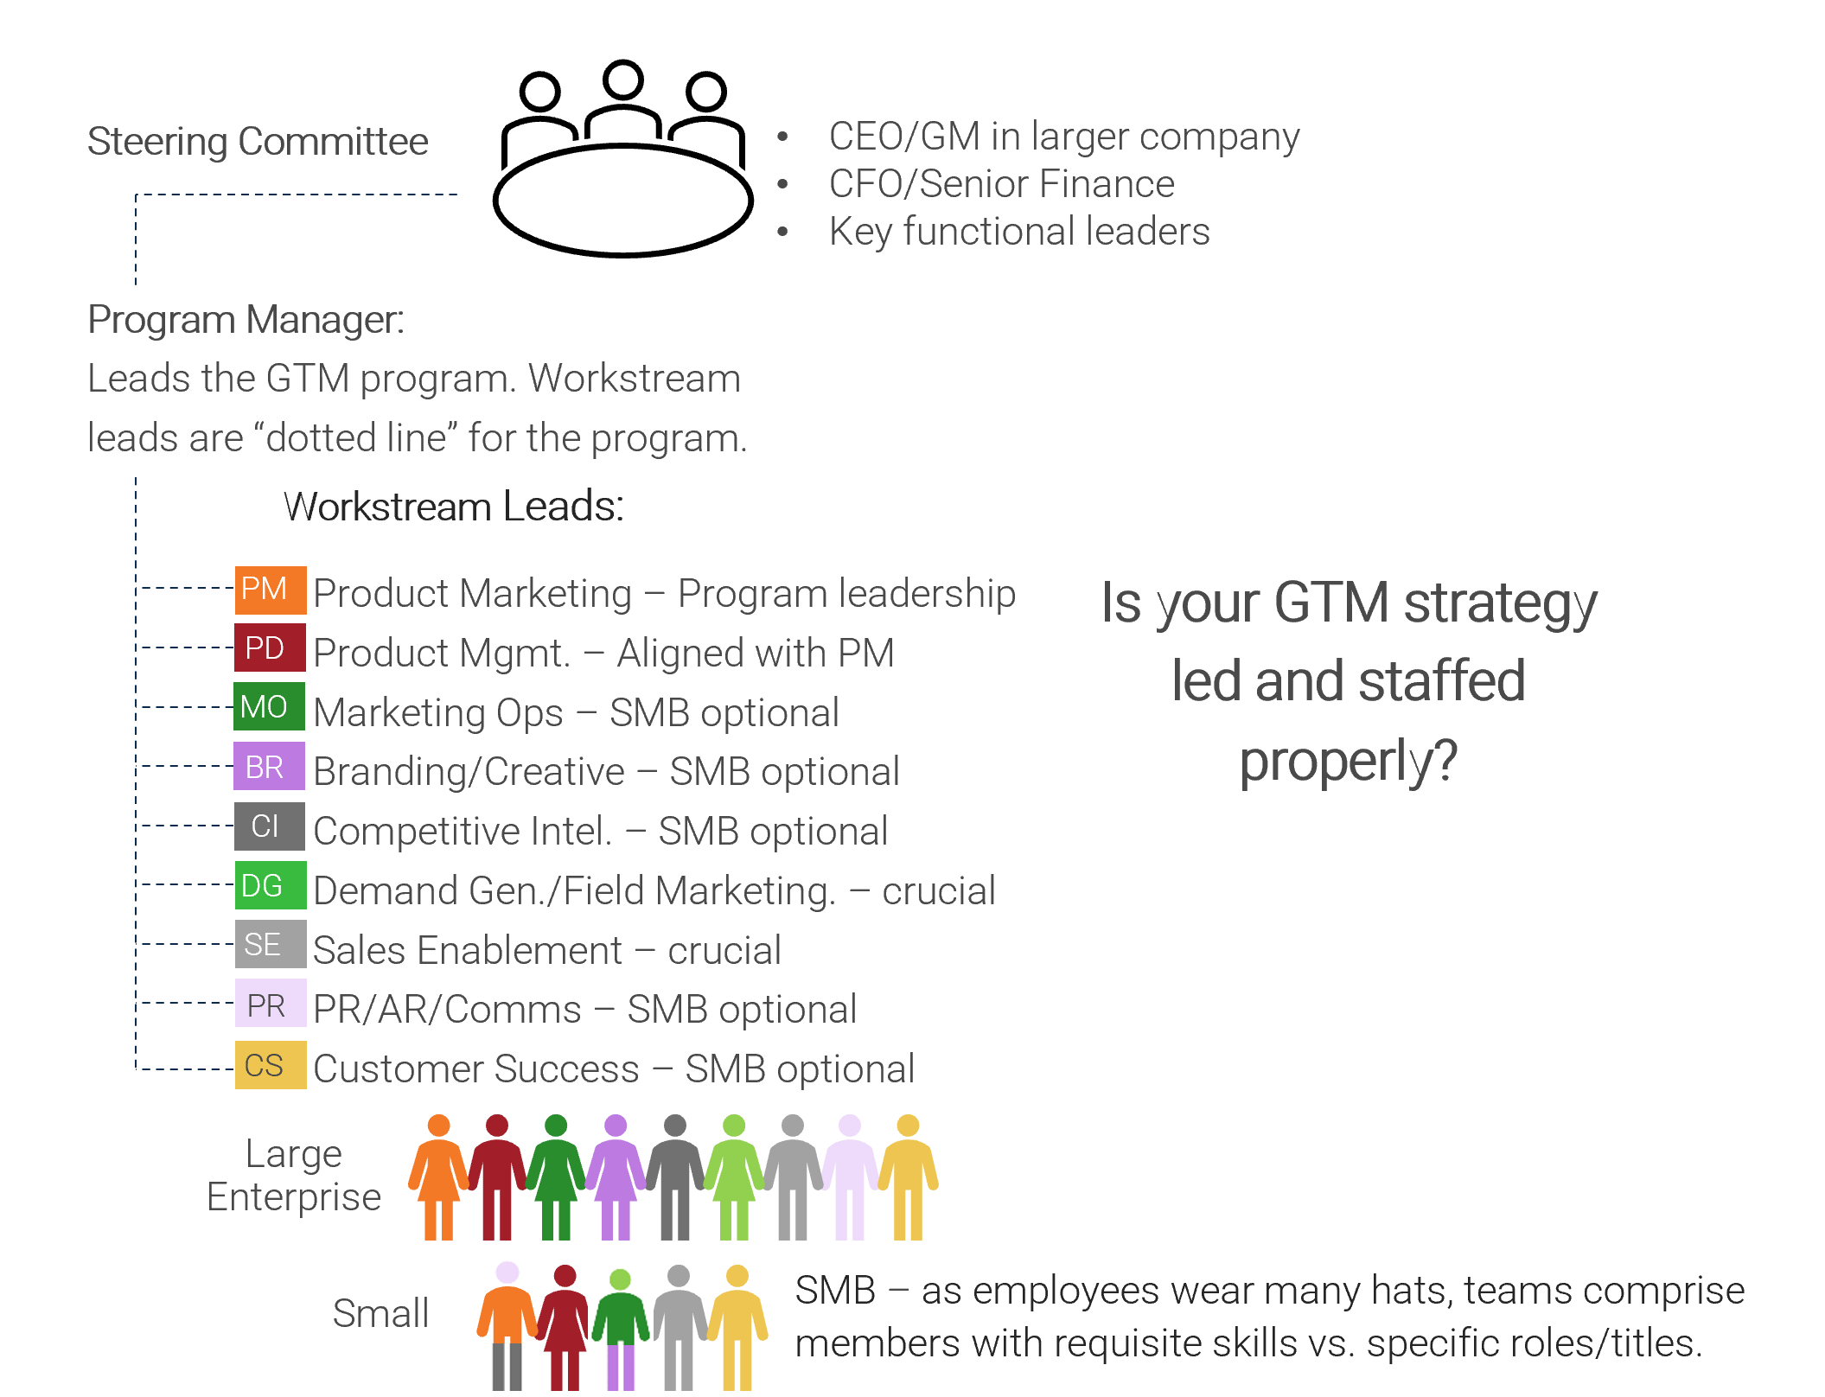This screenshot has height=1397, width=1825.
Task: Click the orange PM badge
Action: (x=270, y=590)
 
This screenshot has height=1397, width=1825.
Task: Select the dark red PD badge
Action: (x=270, y=648)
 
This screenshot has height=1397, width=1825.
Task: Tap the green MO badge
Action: (x=270, y=707)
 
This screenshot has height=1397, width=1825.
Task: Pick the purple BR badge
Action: (x=270, y=767)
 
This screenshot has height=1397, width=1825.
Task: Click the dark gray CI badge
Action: (x=270, y=826)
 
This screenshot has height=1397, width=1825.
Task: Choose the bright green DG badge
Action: (x=270, y=885)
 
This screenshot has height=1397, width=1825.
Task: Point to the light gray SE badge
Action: (x=270, y=944)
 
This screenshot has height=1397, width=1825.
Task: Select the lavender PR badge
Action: (x=270, y=1004)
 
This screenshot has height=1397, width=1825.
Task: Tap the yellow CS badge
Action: (x=270, y=1065)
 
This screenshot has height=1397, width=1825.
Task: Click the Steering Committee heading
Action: (x=258, y=142)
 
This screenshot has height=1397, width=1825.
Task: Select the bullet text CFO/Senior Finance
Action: (x=1001, y=184)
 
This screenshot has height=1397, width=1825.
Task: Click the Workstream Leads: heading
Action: (x=454, y=507)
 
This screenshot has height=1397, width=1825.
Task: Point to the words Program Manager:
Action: (x=246, y=321)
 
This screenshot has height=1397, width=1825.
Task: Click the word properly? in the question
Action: (x=1349, y=762)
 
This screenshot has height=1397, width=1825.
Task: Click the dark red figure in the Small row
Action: (x=565, y=1327)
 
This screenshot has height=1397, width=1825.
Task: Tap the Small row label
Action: (x=380, y=1314)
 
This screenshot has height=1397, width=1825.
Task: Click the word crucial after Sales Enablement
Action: (x=724, y=951)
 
